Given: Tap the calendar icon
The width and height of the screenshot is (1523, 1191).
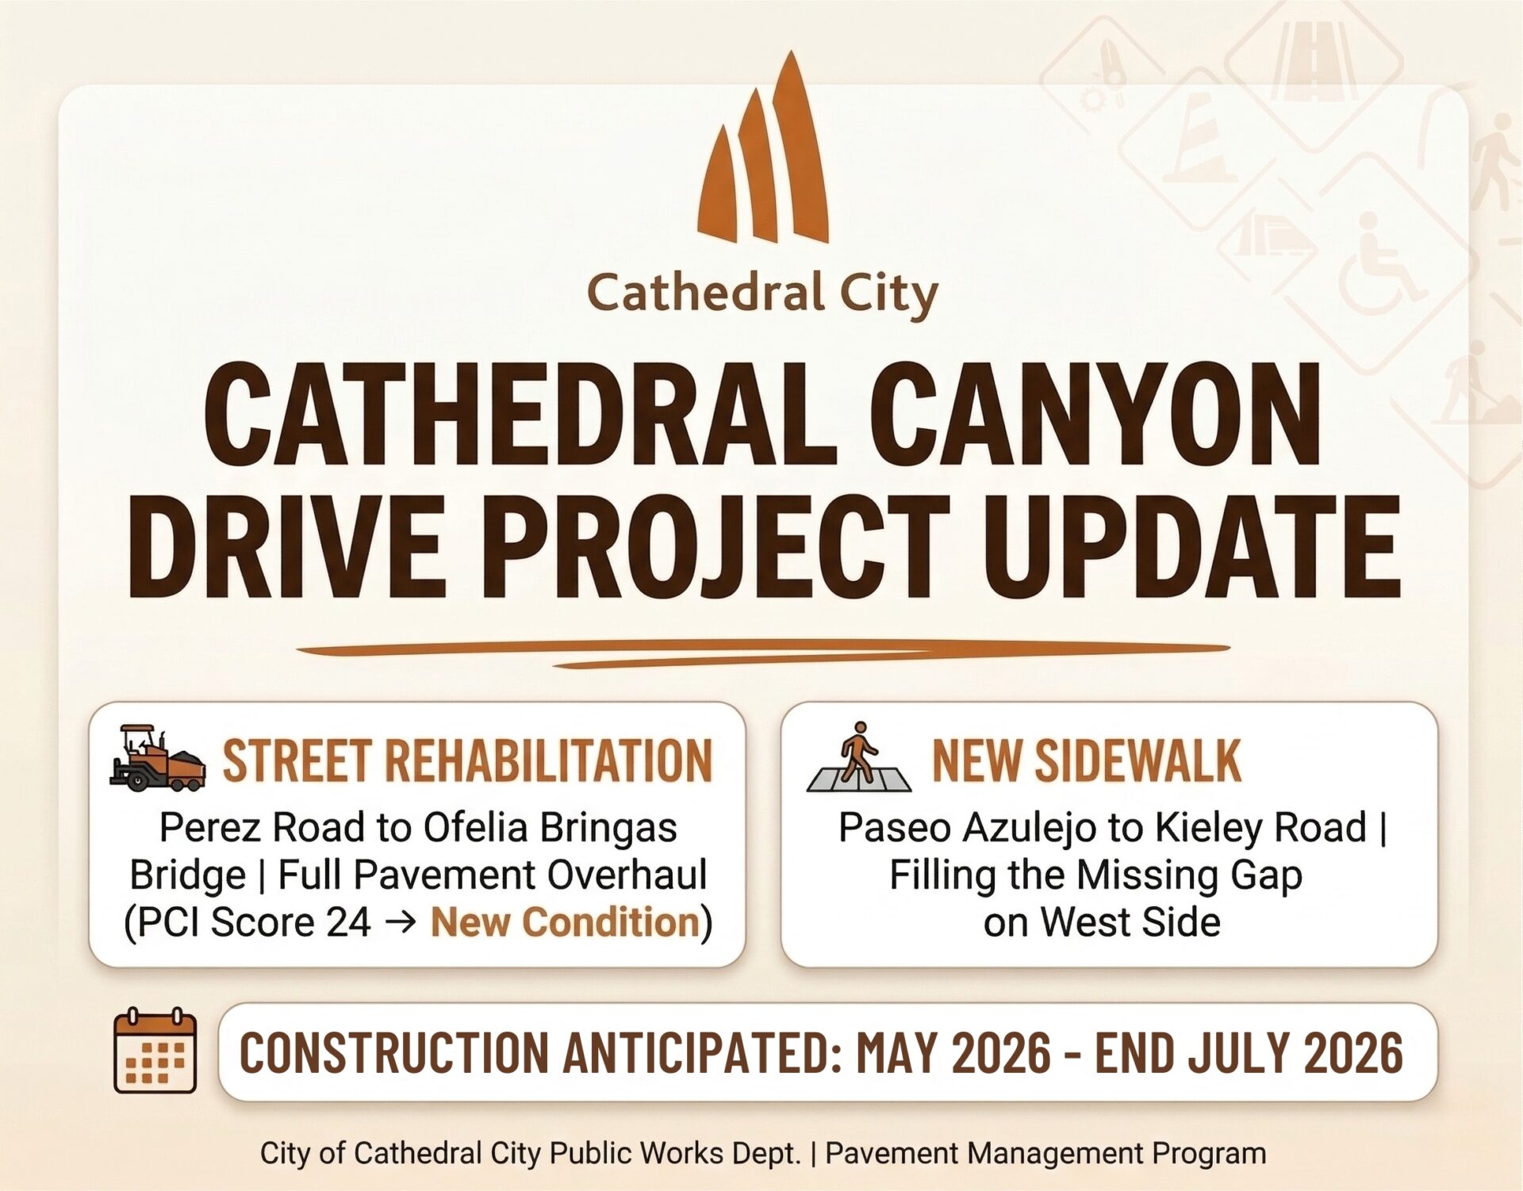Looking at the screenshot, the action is tap(155, 1051).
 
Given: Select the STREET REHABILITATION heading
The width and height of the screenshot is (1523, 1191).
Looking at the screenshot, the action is tap(467, 760).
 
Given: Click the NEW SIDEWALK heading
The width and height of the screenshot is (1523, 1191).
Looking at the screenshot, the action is tap(1086, 760).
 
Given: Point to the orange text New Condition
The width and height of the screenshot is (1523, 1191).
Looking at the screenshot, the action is tap(565, 921).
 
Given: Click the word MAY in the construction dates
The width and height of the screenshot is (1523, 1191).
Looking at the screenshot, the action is tap(898, 1053).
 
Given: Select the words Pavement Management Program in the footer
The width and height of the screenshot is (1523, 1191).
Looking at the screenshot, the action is tap(1045, 1153).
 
